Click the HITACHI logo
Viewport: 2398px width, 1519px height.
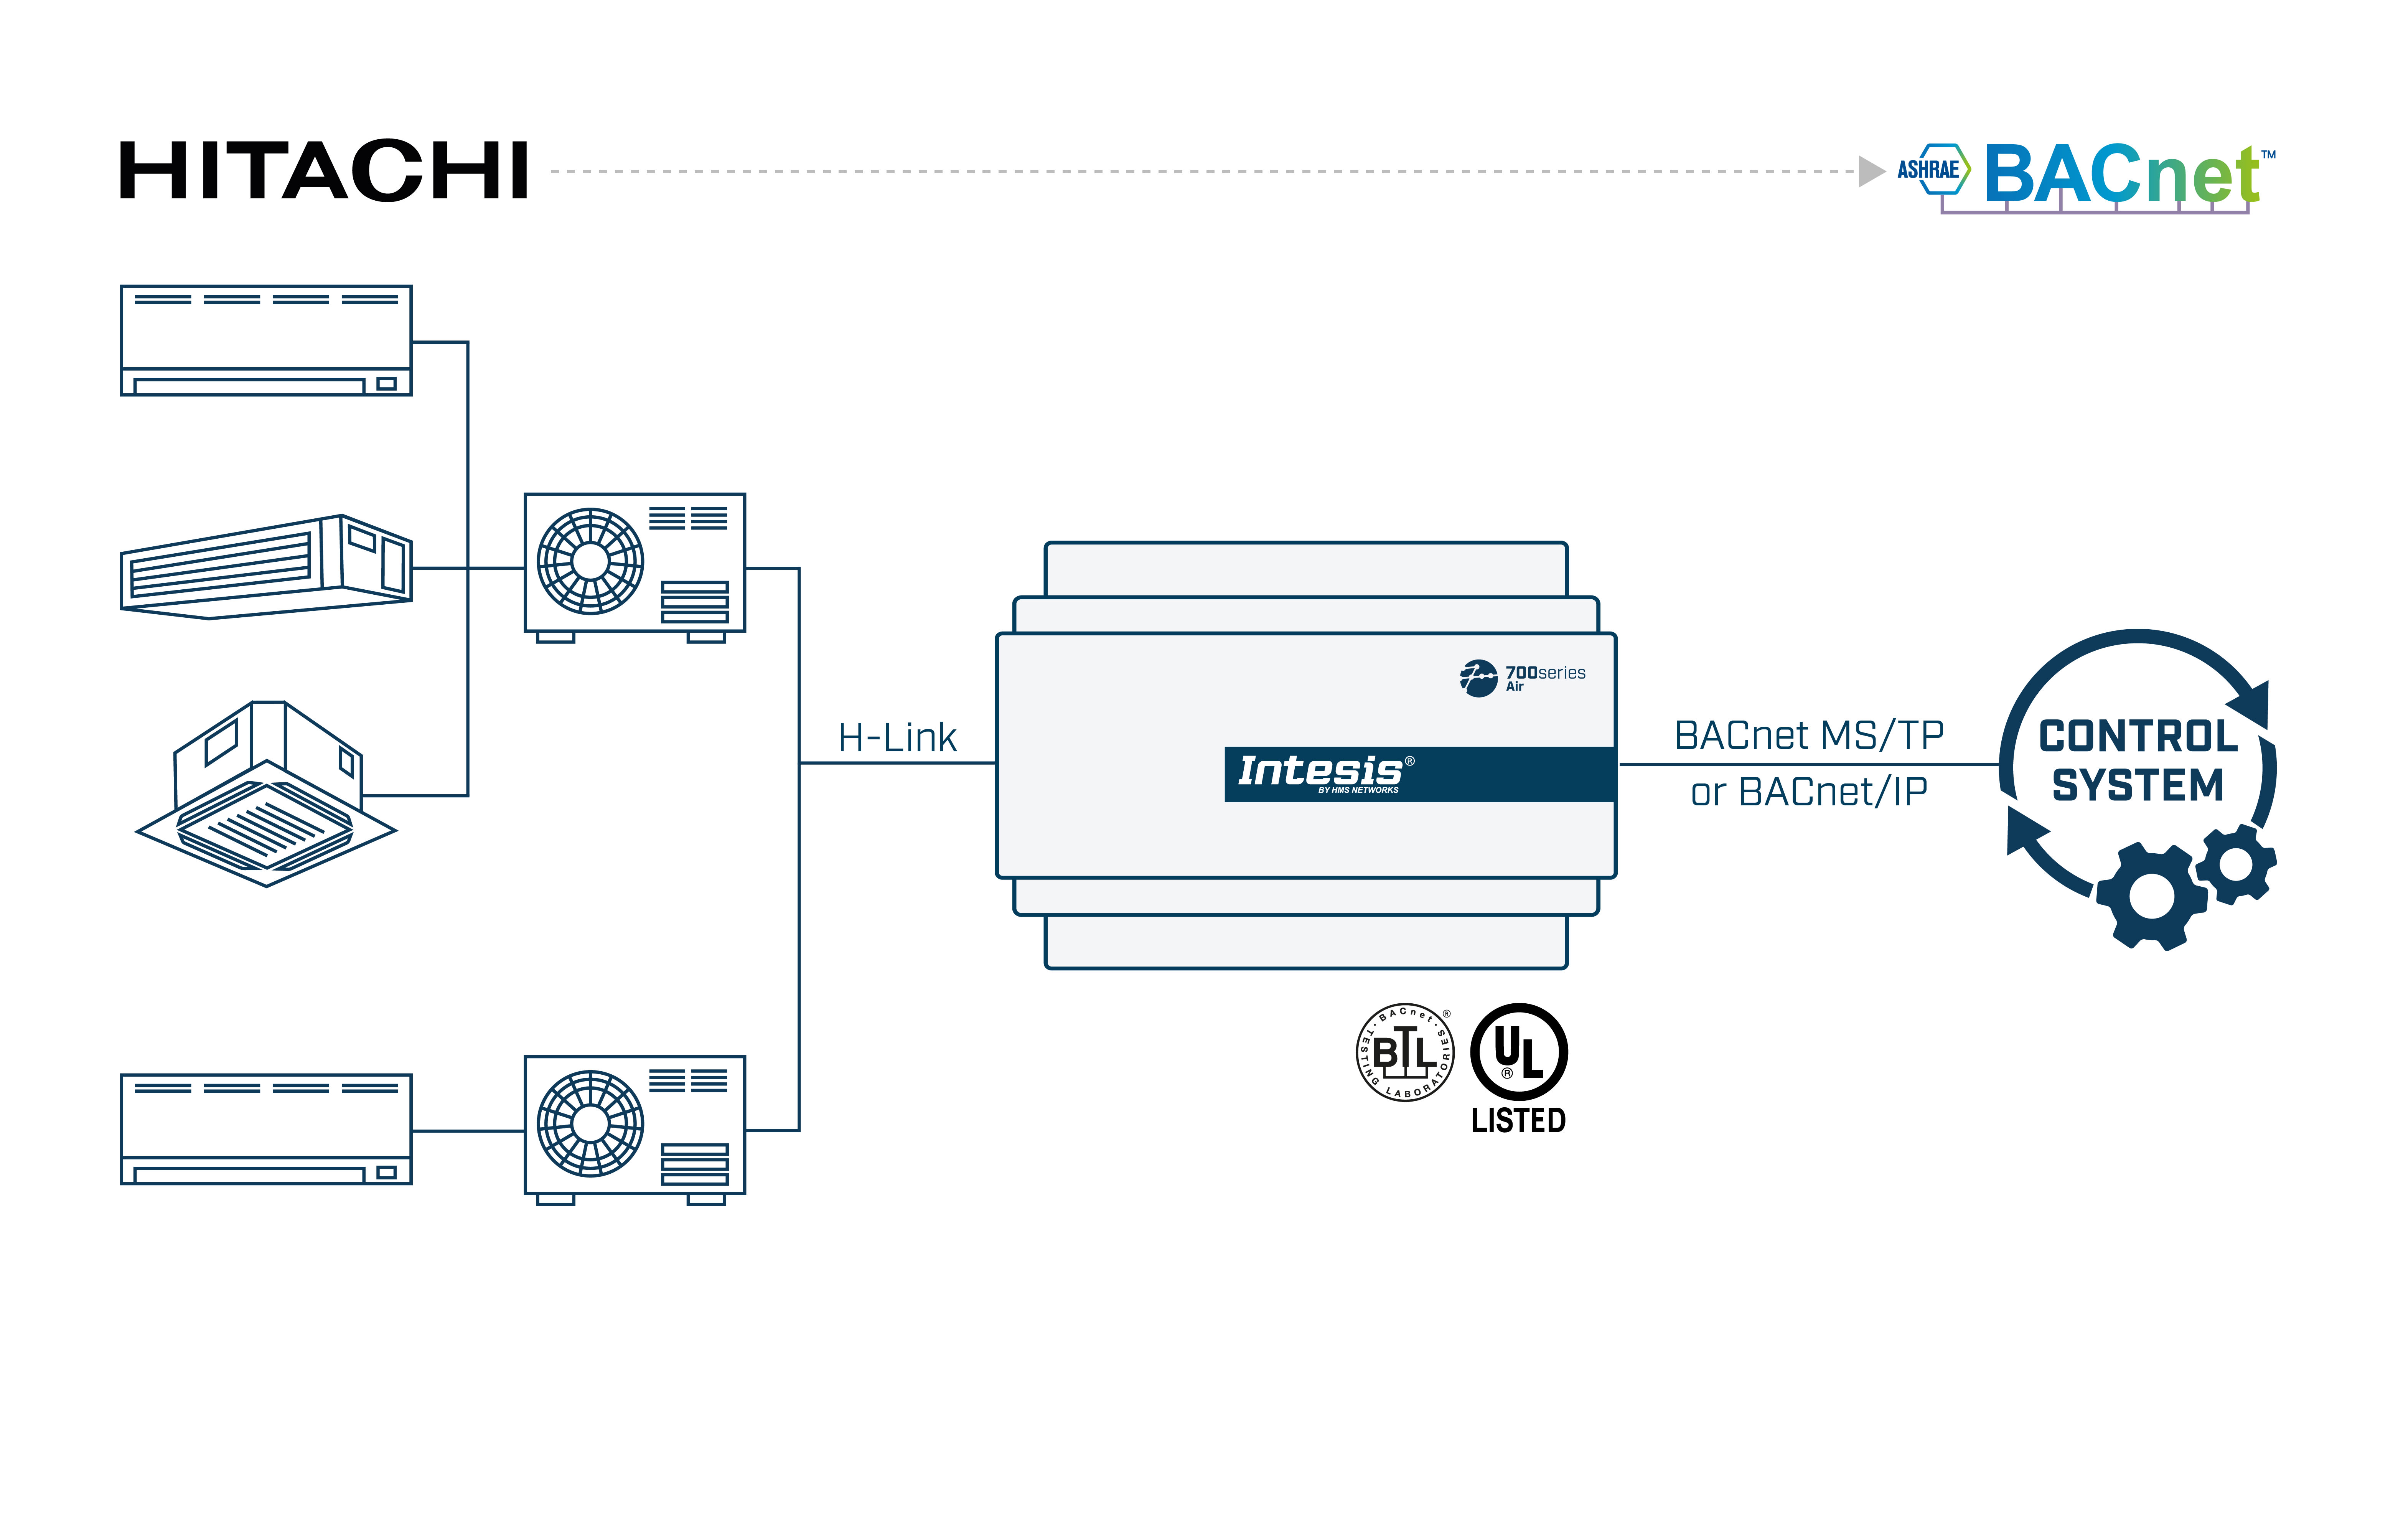[324, 172]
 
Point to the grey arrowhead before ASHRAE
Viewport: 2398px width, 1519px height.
[1870, 172]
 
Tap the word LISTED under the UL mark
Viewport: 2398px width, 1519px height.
[1519, 1121]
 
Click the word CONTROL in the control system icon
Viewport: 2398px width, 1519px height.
[2138, 737]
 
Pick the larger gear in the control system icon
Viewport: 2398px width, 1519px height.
[2151, 896]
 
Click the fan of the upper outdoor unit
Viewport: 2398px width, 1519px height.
[590, 561]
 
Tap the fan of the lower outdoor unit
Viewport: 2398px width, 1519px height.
[590, 1123]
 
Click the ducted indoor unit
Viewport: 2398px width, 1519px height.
[266, 568]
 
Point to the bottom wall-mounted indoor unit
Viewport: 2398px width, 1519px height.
[266, 1128]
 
